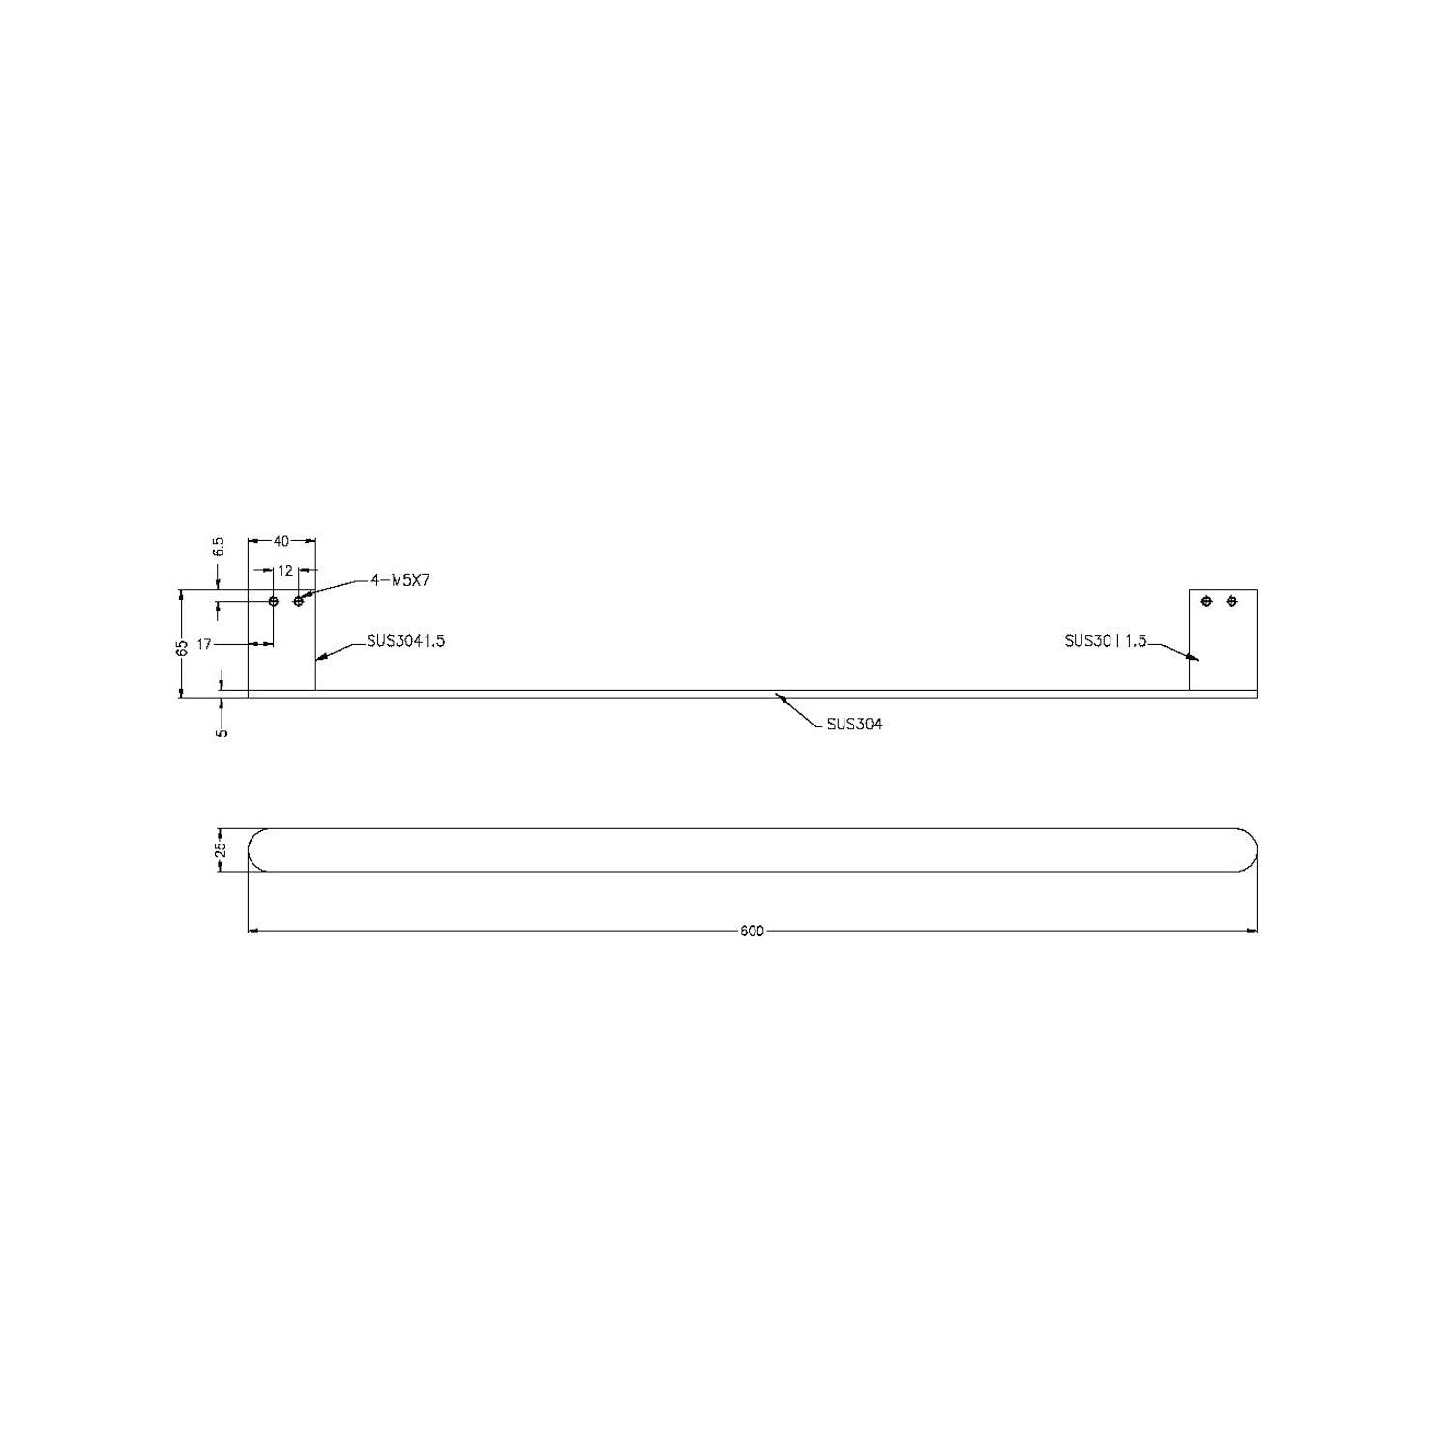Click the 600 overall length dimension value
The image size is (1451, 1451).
point(752,932)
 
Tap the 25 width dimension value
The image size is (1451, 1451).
point(221,849)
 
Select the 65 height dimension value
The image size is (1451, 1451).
point(181,648)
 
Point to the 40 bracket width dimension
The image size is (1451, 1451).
point(281,542)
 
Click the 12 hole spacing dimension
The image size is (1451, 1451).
point(285,571)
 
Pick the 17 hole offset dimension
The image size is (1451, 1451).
point(204,644)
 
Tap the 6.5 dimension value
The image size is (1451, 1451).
point(219,547)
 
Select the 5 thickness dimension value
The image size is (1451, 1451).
point(222,732)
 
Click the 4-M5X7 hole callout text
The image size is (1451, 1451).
point(400,580)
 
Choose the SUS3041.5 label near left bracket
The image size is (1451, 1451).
point(405,640)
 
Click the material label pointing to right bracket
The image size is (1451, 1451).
point(1105,640)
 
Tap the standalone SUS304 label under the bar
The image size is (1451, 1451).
point(854,724)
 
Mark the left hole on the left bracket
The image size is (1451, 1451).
point(274,602)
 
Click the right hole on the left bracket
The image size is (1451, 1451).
point(299,602)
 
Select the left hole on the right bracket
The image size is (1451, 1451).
point(1206,602)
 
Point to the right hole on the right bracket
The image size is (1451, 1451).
point(1231,602)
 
